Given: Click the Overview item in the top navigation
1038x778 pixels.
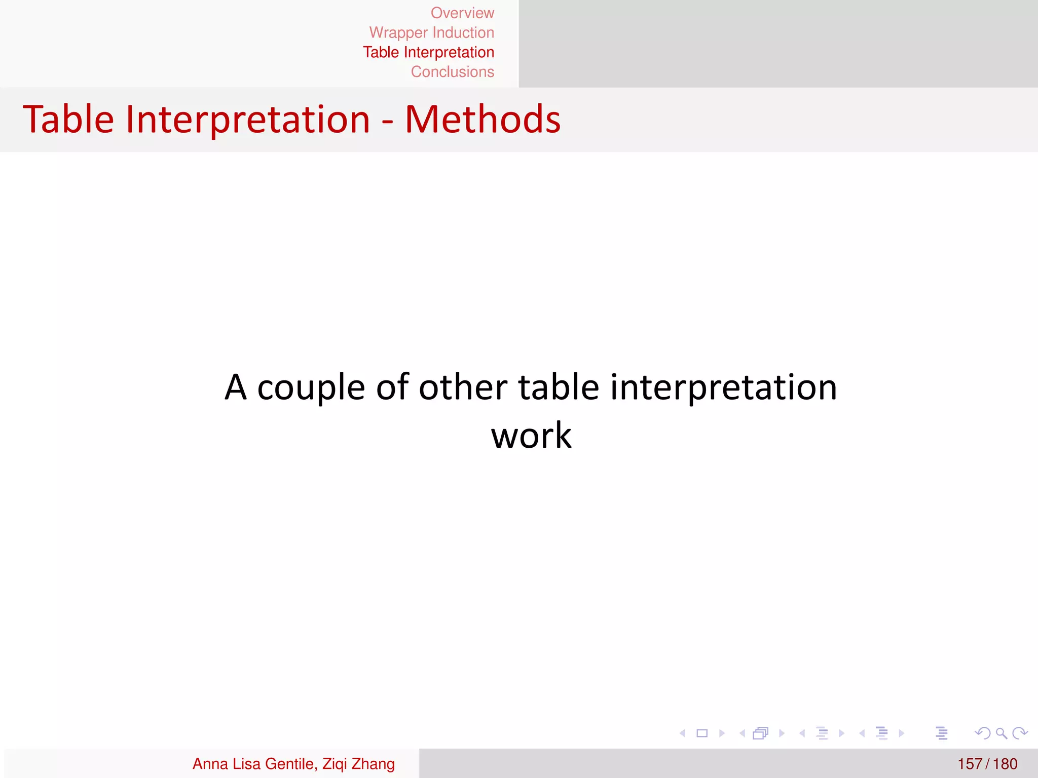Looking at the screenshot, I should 462,13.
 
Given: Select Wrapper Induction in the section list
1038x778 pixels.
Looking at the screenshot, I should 431,33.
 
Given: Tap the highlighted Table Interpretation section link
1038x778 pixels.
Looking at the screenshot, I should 428,53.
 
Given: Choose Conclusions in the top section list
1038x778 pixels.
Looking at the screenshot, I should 452,72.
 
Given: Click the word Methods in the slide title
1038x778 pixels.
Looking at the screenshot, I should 483,120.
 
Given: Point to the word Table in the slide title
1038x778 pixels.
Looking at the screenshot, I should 68,120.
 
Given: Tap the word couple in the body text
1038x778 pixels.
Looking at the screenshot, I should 311,387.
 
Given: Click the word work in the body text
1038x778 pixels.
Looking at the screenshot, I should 531,436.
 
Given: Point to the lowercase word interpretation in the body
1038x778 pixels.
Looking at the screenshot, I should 723,387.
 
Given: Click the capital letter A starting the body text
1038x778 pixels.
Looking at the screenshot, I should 236,387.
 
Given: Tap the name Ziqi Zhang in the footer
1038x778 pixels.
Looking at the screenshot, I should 358,764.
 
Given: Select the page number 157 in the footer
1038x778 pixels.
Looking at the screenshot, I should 970,764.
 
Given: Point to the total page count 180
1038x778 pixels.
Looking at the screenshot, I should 1005,764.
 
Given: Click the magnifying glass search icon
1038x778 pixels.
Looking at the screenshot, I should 1001,733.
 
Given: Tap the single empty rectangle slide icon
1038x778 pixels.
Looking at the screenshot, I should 702,733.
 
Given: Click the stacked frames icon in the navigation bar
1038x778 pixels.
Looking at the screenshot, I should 761,733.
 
